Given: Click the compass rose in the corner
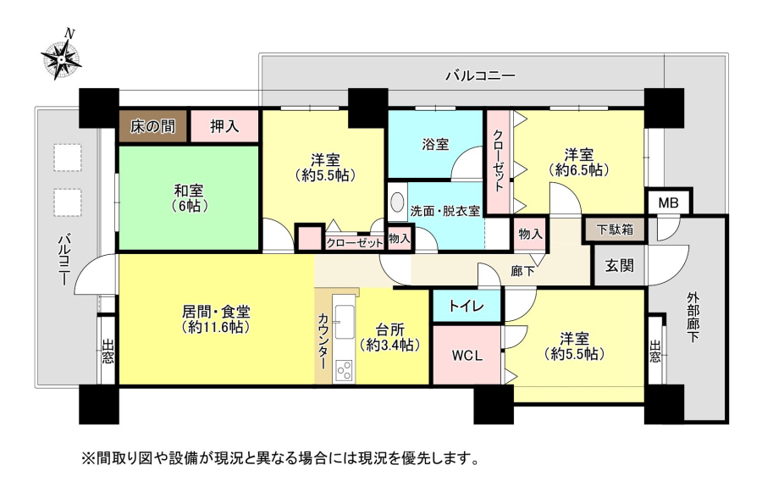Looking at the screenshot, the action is [61, 59].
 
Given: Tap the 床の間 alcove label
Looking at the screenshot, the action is [152, 126].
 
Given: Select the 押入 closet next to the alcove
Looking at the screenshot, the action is [224, 126].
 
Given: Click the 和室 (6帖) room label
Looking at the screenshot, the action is [190, 198].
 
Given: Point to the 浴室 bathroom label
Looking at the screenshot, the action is [435, 144].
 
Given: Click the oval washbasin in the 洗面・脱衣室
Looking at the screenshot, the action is [398, 202].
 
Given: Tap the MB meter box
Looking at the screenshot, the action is [669, 202].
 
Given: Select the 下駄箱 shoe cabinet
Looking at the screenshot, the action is [615, 230].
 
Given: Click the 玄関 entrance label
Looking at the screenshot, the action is [619, 266].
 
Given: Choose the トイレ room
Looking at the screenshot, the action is [467, 306].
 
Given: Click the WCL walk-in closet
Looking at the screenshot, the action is [467, 355].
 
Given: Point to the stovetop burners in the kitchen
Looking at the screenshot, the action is [344, 370].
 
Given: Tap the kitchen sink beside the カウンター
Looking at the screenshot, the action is [345, 321].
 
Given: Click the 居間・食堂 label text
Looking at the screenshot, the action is [216, 311].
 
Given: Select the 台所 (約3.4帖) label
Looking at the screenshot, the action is [389, 337].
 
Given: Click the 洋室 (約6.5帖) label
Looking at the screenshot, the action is [579, 163].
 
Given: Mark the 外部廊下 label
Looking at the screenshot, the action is [693, 317].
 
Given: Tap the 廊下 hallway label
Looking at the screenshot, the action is [523, 271].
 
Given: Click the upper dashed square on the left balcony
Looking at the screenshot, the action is [68, 157].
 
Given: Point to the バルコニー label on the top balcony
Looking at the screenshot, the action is [481, 75].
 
